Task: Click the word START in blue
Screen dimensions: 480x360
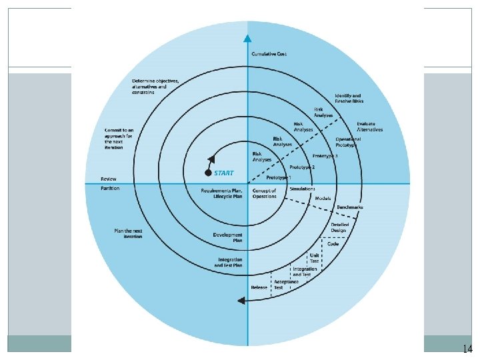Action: pos(224,173)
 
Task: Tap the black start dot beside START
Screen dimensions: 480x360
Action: pos(208,173)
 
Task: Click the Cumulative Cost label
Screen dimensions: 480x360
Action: pos(269,53)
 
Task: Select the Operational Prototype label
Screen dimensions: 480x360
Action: pos(349,141)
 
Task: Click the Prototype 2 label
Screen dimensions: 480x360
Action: pos(302,167)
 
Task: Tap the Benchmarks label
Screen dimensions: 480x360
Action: pos(350,207)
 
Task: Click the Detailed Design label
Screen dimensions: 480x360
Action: pos(340,228)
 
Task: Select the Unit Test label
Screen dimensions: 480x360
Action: pos(313,257)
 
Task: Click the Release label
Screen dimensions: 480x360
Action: pos(259,287)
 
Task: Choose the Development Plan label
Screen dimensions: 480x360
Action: pos(227,237)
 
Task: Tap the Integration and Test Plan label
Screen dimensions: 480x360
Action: pos(228,262)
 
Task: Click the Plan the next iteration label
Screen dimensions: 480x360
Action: pos(128,233)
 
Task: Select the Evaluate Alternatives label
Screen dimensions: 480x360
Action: pos(370,127)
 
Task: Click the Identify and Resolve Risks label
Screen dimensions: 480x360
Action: pos(347,99)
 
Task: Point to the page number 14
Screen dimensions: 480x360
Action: pos(467,349)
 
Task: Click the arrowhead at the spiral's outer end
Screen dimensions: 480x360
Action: pos(241,301)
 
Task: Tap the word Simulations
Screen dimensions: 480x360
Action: pos(302,189)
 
